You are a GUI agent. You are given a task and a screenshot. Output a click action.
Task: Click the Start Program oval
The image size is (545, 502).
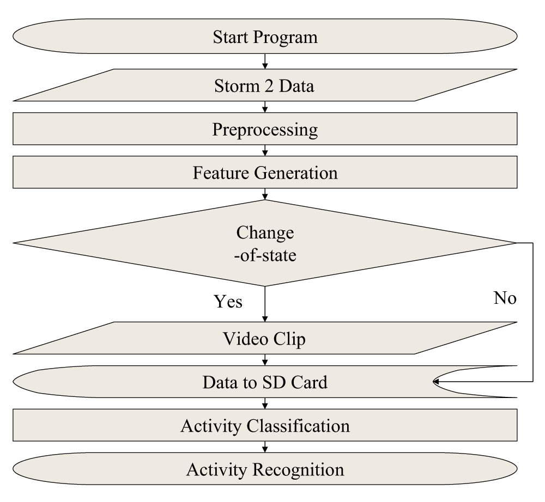tap(265, 36)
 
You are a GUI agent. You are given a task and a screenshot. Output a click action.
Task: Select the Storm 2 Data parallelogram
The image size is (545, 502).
tap(265, 85)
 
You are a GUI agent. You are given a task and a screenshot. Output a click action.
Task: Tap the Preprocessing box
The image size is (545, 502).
tap(265, 128)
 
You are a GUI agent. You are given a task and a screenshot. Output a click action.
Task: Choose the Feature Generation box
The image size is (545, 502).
tap(265, 172)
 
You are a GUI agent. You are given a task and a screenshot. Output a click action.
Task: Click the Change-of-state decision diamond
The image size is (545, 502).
tap(265, 243)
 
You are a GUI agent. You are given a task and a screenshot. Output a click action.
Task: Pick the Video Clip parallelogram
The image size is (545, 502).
tap(265, 338)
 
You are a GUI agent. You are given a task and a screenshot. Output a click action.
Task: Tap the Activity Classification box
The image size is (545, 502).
tap(265, 425)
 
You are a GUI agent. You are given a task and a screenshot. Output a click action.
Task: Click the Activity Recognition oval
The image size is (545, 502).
tap(265, 469)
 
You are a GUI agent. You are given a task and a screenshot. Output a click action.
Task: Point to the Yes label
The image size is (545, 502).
tap(228, 301)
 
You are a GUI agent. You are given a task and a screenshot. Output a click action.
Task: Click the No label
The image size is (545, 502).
tap(505, 298)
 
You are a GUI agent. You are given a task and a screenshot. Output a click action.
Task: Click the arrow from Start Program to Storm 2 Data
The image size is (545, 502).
tap(265, 61)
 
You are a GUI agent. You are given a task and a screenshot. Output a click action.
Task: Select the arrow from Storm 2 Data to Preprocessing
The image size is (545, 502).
tap(265, 107)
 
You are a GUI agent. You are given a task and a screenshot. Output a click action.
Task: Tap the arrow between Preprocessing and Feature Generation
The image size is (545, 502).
tap(265, 150)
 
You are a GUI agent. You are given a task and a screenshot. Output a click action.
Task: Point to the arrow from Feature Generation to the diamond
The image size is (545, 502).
tap(265, 194)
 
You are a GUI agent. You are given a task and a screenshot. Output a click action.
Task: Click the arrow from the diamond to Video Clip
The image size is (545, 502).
tap(265, 304)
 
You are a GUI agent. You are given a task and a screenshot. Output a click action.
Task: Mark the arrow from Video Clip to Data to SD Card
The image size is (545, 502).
tap(265, 360)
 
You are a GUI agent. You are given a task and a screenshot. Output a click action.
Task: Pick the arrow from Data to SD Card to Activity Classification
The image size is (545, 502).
tap(265, 403)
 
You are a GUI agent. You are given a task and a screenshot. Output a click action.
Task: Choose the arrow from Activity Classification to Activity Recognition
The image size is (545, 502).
tap(265, 447)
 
